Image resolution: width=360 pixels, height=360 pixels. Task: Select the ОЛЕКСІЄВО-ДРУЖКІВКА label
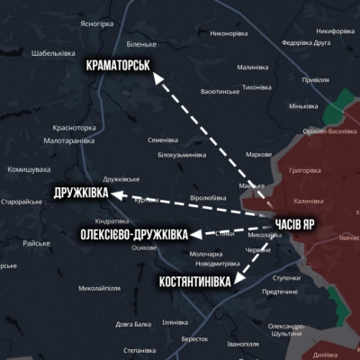(135, 235)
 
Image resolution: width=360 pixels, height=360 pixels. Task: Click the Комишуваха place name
(28, 169)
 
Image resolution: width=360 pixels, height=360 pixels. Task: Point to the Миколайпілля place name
(101, 289)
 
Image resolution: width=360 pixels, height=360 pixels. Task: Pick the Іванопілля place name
(243, 344)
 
